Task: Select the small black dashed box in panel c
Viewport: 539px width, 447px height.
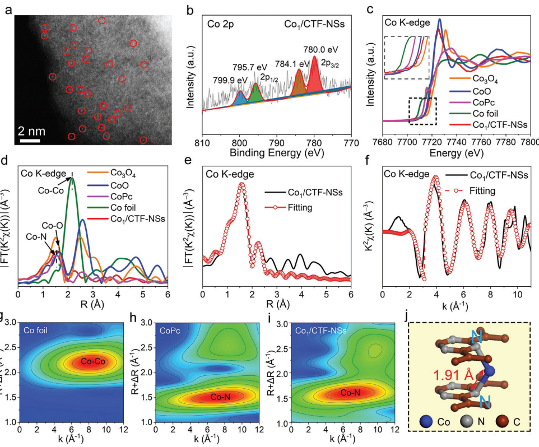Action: click(x=422, y=111)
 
